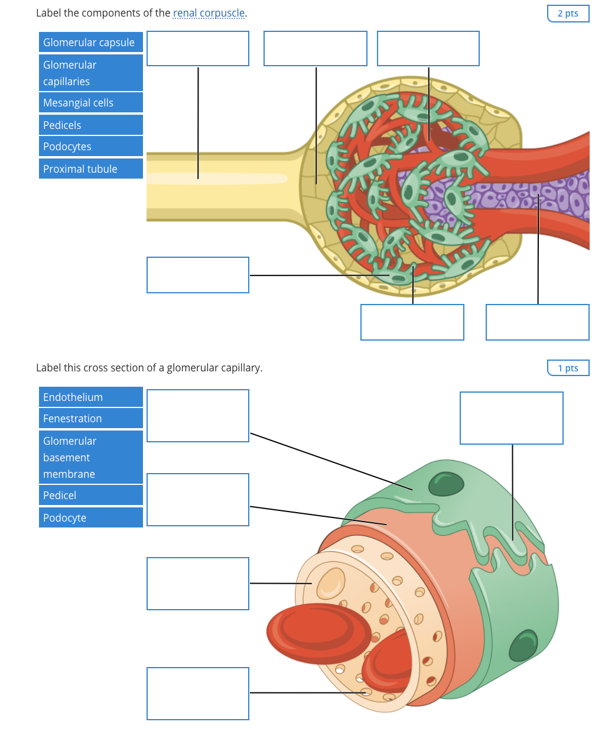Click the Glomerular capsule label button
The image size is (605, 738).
(90, 43)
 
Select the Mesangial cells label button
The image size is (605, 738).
(90, 103)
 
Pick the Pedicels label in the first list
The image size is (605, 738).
(90, 125)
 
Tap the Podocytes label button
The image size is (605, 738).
(90, 147)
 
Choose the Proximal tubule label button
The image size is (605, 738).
(90, 169)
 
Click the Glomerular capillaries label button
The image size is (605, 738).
(90, 73)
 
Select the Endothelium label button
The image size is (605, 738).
(90, 397)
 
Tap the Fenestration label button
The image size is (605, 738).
(90, 419)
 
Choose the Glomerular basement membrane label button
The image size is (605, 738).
(90, 458)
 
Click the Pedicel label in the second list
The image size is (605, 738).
(90, 496)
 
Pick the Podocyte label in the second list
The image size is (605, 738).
(90, 518)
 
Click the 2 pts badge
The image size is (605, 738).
(568, 14)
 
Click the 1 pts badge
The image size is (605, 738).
(568, 368)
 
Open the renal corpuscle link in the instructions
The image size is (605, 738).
(209, 13)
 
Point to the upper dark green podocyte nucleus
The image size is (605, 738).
(446, 484)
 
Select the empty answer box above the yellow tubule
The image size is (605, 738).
(198, 48)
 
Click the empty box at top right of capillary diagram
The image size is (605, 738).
(512, 418)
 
